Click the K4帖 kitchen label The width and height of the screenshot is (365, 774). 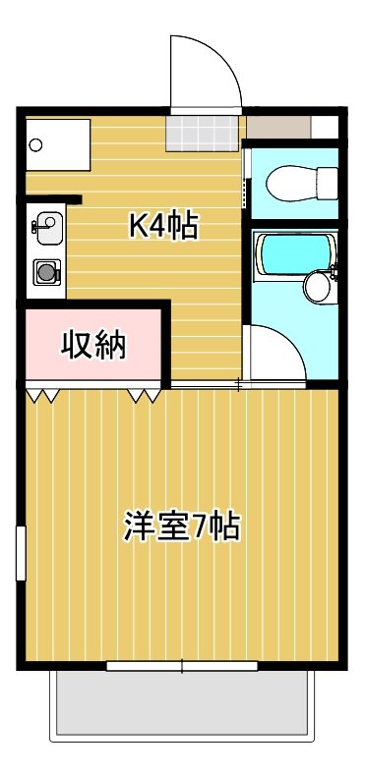(164, 227)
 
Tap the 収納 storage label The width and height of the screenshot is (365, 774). (94, 345)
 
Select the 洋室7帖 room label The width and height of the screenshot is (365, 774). (182, 527)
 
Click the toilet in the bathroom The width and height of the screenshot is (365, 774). (302, 182)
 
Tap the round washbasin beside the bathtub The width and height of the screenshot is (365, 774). (319, 287)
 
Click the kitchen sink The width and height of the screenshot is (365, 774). (46, 224)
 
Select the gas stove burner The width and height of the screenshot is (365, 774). (46, 270)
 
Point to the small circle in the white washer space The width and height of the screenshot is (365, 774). (36, 145)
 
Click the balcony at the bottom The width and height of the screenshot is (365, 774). (182, 703)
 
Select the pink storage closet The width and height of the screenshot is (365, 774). (94, 345)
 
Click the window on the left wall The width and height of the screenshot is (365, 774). (20, 554)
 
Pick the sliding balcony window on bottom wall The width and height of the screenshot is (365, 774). (182, 667)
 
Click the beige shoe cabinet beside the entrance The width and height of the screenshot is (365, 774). (278, 129)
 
